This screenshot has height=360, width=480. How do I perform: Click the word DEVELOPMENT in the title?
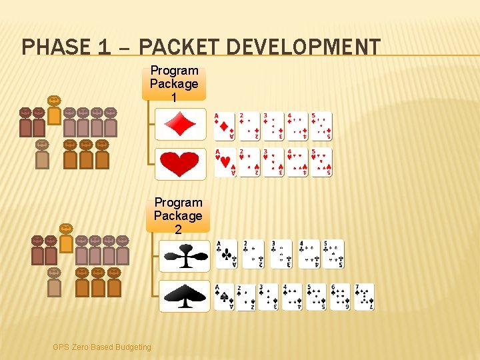coord(303,47)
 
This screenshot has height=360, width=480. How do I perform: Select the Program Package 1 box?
coord(174,84)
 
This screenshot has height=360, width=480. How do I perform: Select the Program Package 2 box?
coord(178,216)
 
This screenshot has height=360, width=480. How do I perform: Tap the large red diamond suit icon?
coord(180,124)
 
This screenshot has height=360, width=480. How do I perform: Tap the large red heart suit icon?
coord(180,164)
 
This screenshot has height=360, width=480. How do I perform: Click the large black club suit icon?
coord(184,256)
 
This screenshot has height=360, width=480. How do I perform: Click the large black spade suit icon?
coord(184,295)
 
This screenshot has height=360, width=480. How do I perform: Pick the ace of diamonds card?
coord(225,126)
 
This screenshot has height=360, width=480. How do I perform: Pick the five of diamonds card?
coord(321,126)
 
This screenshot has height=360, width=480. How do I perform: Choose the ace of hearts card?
coord(225,162)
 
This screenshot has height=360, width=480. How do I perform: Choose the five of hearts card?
coord(321,162)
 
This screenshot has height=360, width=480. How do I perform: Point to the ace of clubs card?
coord(226,254)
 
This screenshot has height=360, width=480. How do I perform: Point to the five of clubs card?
coord(333,254)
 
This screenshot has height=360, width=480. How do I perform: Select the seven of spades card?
coord(364,297)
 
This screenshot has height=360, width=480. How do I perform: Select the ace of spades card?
coord(224,297)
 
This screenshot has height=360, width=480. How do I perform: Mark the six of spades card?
coord(340,297)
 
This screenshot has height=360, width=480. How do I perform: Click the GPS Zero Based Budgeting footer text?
coord(102,347)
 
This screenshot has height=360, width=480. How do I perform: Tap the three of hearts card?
coord(273,162)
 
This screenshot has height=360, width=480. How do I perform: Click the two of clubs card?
coord(253,254)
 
